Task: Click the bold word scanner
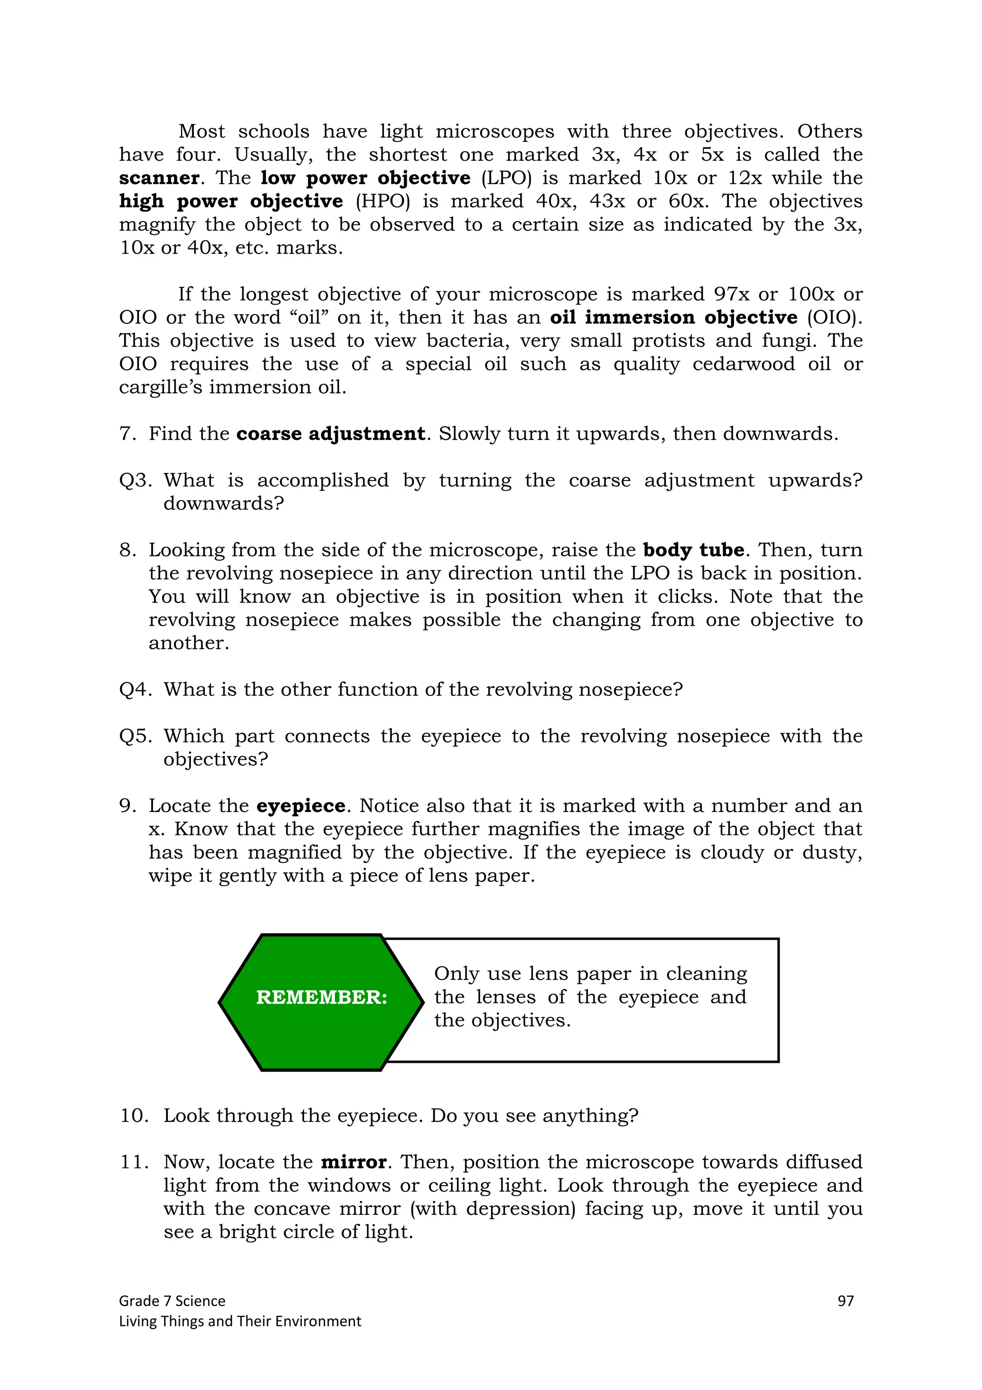(159, 178)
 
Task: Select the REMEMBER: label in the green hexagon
(321, 997)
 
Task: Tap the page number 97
(845, 1300)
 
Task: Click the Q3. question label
(135, 480)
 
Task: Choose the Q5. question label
(135, 736)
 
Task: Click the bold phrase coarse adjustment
(330, 434)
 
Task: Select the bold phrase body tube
(693, 550)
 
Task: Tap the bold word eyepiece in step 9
(301, 806)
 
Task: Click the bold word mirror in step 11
(353, 1162)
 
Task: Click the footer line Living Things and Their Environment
(240, 1321)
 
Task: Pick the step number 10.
(134, 1115)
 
